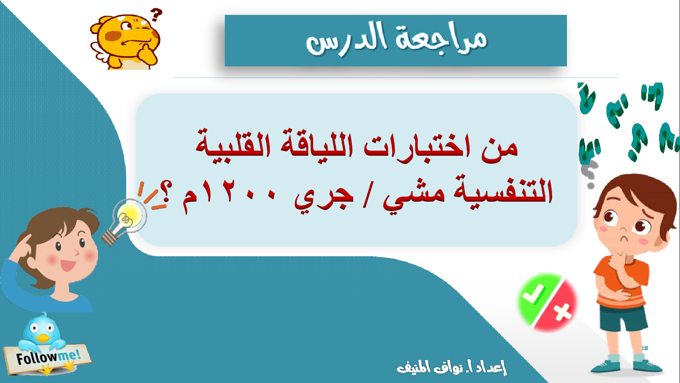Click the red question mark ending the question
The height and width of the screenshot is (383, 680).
(166, 191)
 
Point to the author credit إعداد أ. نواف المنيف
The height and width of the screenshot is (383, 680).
(452, 367)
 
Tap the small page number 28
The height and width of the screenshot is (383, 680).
(644, 348)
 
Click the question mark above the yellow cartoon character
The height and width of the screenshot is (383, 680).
(156, 14)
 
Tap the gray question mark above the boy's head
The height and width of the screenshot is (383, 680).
(589, 175)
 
